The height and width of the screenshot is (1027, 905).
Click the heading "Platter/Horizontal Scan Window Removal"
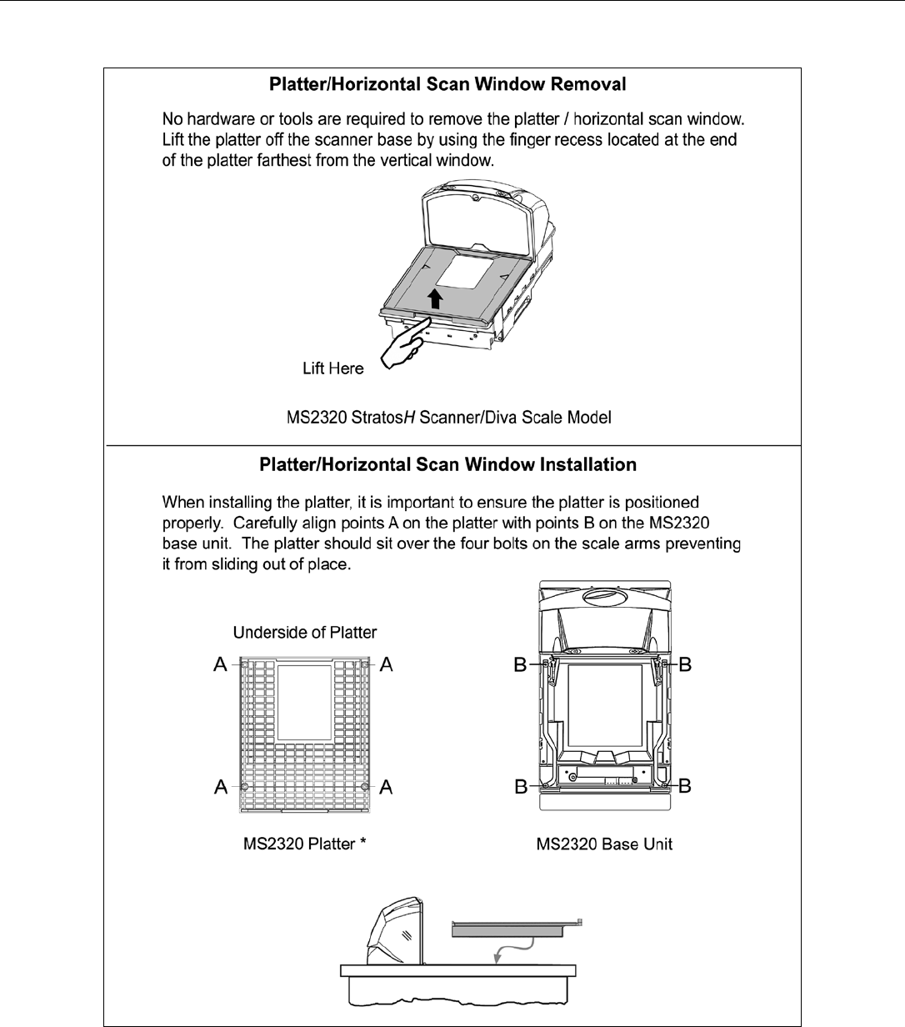coord(447,84)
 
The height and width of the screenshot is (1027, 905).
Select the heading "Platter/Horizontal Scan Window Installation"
coord(447,464)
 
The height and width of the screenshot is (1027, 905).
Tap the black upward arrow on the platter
coord(434,299)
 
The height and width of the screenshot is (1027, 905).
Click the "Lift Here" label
coord(332,368)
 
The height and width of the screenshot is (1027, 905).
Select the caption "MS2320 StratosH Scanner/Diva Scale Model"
coord(449,417)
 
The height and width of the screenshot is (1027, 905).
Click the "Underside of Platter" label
coord(305,633)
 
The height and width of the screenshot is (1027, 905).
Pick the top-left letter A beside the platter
coord(221,664)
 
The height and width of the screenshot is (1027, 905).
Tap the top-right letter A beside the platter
coord(387,664)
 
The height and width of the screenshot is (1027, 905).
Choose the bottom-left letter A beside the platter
coord(221,787)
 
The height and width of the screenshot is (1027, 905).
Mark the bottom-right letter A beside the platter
coord(387,787)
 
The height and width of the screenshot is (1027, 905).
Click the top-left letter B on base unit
coord(521,664)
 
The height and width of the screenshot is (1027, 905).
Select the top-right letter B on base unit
coord(686,664)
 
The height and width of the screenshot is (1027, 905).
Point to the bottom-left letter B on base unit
coord(521,786)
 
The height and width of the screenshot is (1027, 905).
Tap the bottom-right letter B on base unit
coord(685,786)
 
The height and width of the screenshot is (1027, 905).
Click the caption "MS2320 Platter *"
coord(305,844)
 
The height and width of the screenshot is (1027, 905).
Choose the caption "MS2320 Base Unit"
coord(604,844)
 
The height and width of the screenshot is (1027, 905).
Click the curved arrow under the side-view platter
coord(512,951)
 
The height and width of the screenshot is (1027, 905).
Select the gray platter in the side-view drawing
coord(507,930)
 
